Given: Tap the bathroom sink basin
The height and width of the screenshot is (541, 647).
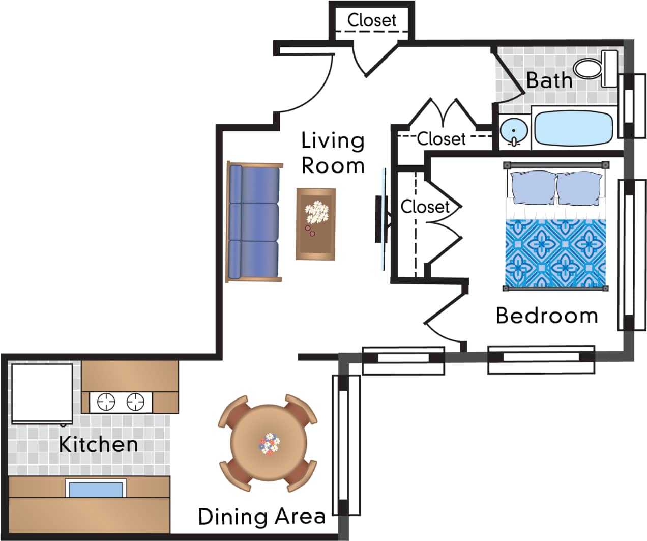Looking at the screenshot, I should (x=514, y=131).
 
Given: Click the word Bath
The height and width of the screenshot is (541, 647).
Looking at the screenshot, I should (x=549, y=80).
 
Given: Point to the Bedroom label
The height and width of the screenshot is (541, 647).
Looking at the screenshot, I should (x=547, y=316).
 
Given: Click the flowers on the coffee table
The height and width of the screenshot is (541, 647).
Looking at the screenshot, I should (x=316, y=212).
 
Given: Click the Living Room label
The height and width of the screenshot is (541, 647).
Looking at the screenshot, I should (x=333, y=153).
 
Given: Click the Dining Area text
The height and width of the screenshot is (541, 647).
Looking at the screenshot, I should (x=261, y=516).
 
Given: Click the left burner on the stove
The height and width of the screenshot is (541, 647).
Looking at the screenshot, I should (x=106, y=402).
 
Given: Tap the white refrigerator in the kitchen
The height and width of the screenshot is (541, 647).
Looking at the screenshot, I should (x=42, y=393).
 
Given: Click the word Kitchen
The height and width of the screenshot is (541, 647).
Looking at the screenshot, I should (x=98, y=444).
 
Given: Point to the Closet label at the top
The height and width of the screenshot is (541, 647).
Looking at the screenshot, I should (x=371, y=20).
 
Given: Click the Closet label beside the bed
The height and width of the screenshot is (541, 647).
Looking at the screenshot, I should (x=425, y=207).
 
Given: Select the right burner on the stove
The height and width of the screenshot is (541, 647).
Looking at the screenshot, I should (x=136, y=402).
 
